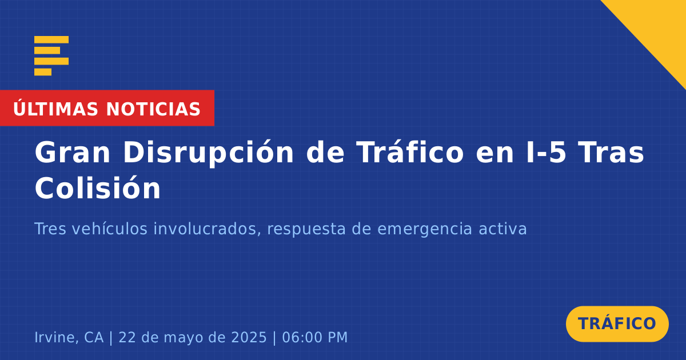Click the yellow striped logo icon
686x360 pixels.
(51, 56)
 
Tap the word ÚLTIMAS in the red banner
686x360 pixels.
(55, 109)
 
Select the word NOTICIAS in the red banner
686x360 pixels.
(153, 109)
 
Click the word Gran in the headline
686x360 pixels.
(72, 153)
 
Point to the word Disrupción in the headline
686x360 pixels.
(209, 153)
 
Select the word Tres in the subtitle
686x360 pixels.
(50, 229)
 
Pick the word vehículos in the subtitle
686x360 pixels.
(110, 229)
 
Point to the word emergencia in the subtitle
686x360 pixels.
(424, 230)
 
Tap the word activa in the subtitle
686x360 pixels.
(502, 229)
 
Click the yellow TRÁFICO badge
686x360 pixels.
(617, 324)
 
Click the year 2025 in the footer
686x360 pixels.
(249, 337)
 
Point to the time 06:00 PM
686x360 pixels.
(315, 337)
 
